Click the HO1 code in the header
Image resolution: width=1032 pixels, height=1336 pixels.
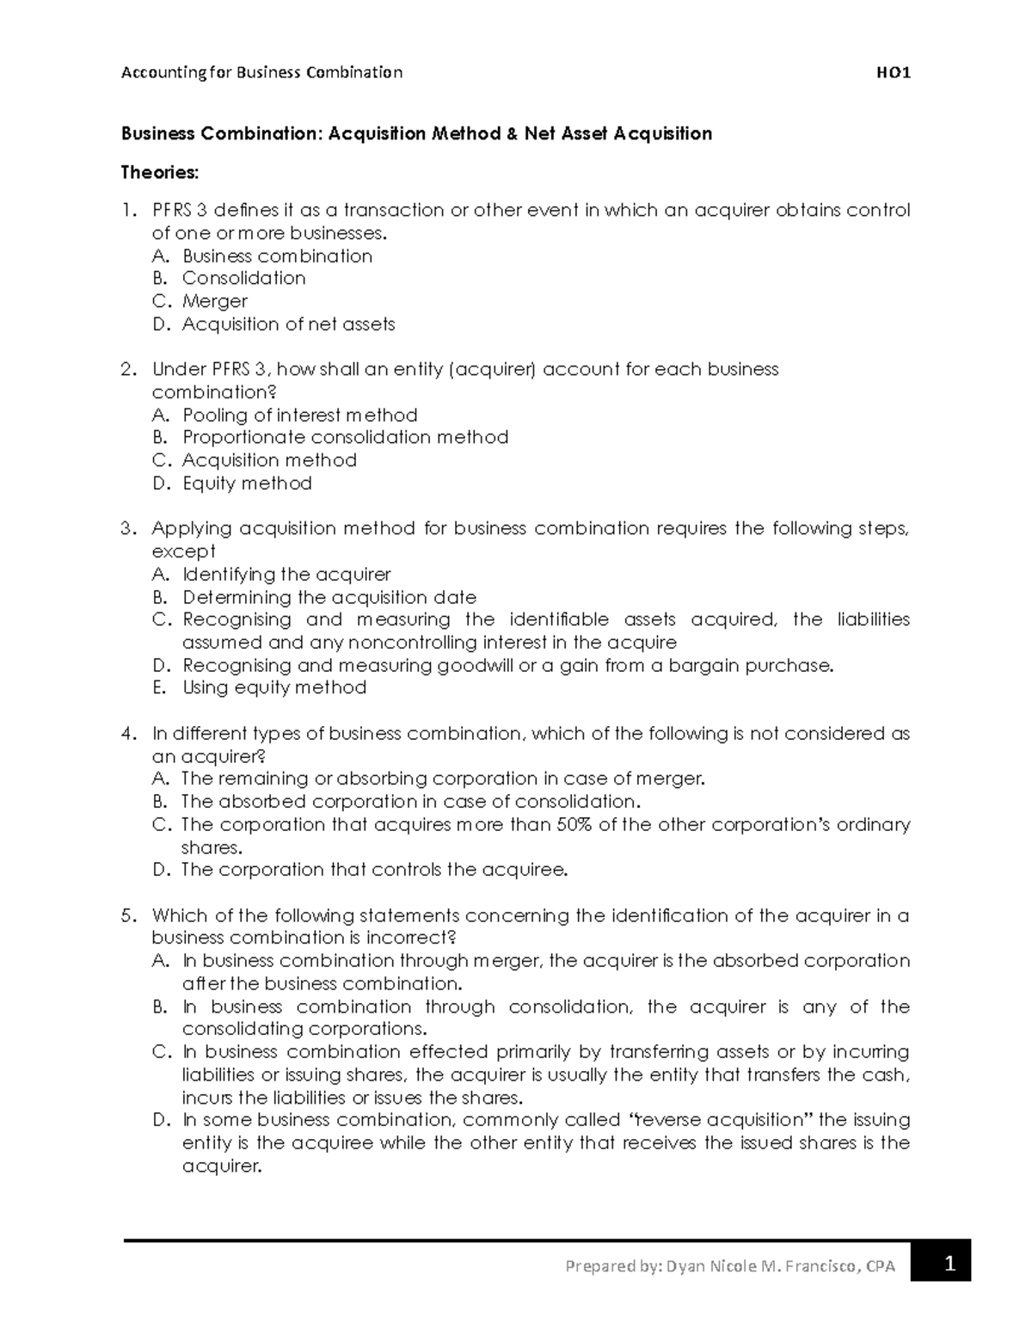click(x=894, y=73)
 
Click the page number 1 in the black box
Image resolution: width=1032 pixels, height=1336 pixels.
click(x=949, y=1265)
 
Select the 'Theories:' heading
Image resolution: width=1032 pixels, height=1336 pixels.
click(x=159, y=173)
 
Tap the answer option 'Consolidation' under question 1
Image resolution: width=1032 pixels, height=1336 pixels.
click(x=243, y=279)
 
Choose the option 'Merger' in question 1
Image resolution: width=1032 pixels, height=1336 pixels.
click(x=214, y=301)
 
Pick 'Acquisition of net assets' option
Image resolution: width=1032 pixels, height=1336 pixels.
click(x=288, y=324)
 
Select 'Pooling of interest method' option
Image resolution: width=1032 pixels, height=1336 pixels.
click(x=299, y=415)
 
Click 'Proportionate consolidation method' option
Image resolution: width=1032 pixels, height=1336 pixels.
click(x=345, y=437)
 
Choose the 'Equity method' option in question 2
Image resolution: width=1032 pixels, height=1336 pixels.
click(x=247, y=483)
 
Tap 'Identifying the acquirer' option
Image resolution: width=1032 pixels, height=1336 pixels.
click(x=286, y=574)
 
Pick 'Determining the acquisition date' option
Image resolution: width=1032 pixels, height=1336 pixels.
click(x=329, y=597)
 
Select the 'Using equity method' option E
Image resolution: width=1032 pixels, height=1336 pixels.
click(x=274, y=687)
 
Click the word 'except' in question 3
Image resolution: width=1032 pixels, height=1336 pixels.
click(x=183, y=551)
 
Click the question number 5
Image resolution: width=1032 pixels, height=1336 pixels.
click(x=127, y=915)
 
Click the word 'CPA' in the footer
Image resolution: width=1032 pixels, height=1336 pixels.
click(x=881, y=1266)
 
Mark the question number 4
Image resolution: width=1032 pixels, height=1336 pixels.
click(x=127, y=734)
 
